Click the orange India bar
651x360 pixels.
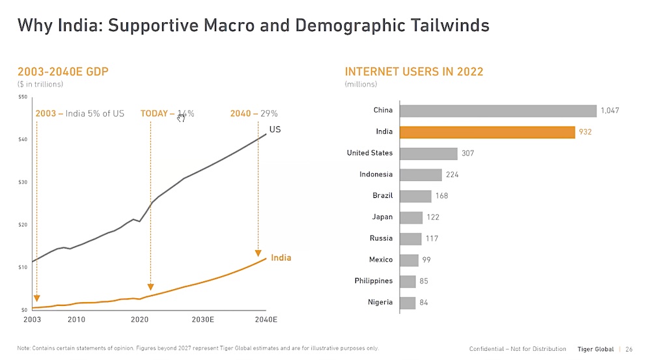(x=487, y=132)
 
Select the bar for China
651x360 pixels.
(x=498, y=111)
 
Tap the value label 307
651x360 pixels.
(x=468, y=154)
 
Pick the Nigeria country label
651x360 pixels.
(x=380, y=302)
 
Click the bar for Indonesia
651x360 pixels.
(x=421, y=174)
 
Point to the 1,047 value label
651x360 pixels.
(x=610, y=111)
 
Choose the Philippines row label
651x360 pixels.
(x=374, y=281)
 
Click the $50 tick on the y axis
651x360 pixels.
(x=23, y=97)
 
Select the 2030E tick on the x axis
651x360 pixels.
(x=203, y=320)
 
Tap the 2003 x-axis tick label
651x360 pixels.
(x=32, y=320)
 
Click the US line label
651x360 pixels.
(x=275, y=130)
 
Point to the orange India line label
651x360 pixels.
(x=281, y=258)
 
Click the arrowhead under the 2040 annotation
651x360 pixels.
(x=258, y=253)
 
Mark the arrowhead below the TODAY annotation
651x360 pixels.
(x=150, y=287)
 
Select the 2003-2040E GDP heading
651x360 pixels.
(x=63, y=72)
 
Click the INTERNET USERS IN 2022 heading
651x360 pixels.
(x=414, y=72)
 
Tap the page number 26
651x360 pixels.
(x=629, y=350)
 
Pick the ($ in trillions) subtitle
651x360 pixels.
(x=40, y=84)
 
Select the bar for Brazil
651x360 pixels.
(x=415, y=196)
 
